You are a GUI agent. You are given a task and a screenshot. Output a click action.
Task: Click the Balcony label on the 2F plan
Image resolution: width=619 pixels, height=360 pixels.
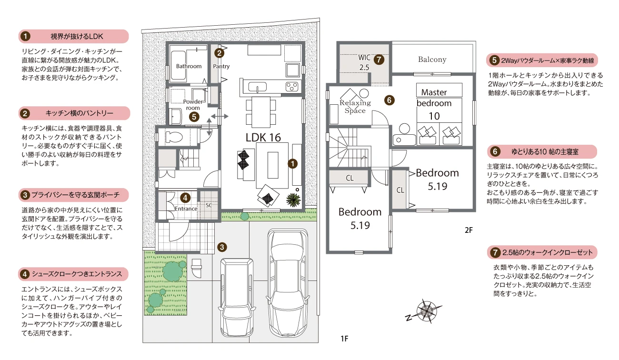(x=432, y=60)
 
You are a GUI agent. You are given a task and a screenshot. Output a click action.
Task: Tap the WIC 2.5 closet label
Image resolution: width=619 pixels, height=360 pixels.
(x=364, y=62)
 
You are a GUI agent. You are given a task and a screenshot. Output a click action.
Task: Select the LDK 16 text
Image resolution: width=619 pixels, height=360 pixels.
(x=263, y=137)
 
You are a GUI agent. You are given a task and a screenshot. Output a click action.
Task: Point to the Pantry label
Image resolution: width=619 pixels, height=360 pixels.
(x=221, y=66)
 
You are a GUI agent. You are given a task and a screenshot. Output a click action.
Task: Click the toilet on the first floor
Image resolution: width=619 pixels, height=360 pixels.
(x=174, y=137)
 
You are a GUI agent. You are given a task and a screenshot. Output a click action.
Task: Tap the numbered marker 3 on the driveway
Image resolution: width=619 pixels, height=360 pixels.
(x=222, y=247)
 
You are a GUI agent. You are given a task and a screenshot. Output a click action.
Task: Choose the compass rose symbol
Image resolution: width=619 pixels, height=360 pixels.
(x=425, y=311)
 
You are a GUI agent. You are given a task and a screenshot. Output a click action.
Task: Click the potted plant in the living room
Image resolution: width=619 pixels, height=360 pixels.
(x=293, y=199)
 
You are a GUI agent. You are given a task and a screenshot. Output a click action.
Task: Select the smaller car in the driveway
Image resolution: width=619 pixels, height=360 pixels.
(x=237, y=298)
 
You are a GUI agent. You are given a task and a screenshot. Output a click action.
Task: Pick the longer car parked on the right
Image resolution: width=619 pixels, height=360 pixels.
(x=288, y=283)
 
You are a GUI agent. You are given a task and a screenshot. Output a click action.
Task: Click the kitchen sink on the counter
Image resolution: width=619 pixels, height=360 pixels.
(x=258, y=87)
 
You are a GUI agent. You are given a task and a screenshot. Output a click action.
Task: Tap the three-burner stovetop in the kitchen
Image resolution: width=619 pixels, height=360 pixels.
(x=292, y=87)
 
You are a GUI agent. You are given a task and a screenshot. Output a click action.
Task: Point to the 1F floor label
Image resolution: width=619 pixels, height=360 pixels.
(x=344, y=339)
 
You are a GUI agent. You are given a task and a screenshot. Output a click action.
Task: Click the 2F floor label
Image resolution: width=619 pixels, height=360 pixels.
(x=469, y=230)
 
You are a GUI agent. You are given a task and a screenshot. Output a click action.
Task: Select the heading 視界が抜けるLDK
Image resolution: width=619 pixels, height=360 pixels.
(x=77, y=37)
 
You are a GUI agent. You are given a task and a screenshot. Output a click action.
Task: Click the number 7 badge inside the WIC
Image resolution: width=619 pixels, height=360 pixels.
(x=379, y=60)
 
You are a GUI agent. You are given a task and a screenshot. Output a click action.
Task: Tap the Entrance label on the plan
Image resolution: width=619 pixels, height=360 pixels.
(x=186, y=209)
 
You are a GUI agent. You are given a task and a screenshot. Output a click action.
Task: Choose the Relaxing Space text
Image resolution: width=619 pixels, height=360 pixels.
(x=355, y=107)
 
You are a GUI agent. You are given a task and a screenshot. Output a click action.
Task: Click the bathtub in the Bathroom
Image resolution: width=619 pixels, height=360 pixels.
(x=178, y=66)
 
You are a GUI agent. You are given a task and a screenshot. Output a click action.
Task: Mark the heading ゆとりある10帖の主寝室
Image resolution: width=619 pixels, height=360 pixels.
(x=545, y=152)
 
